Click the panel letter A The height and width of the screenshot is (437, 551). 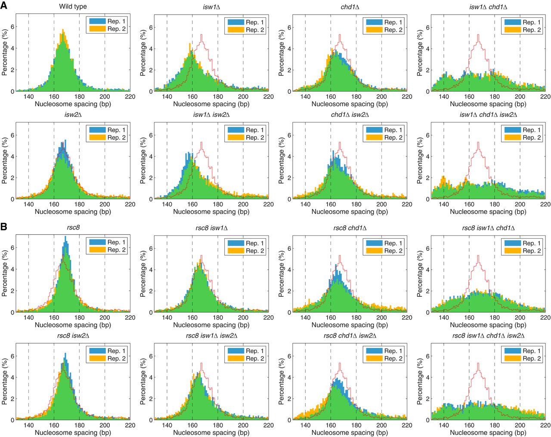(x=4, y=6)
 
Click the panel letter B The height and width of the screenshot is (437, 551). (x=4, y=227)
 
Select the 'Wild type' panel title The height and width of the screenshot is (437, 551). (x=73, y=7)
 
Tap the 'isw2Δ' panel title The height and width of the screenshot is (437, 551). (x=73, y=115)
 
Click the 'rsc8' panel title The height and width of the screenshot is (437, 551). (x=73, y=228)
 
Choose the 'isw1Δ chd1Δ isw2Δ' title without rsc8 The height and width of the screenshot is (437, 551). (x=488, y=115)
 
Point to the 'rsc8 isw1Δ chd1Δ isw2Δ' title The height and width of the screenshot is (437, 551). (x=488, y=336)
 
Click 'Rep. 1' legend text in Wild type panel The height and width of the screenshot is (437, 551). (x=116, y=21)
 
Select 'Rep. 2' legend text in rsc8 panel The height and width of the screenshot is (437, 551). (x=116, y=250)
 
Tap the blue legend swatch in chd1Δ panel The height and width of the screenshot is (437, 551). (x=374, y=22)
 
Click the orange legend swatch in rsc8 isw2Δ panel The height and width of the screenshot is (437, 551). (x=97, y=358)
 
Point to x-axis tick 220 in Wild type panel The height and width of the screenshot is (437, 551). (x=130, y=97)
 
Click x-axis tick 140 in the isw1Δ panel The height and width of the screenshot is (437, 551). (x=167, y=97)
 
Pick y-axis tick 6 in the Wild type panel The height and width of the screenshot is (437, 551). (x=12, y=27)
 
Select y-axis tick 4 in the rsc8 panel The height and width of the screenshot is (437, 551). (x=12, y=269)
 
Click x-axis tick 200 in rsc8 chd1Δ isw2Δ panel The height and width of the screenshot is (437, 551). (x=381, y=425)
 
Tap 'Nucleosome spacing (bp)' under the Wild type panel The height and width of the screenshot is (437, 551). (x=73, y=104)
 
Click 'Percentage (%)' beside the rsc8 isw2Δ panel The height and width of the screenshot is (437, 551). (x=5, y=382)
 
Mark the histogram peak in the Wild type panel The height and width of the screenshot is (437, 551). (x=63, y=30)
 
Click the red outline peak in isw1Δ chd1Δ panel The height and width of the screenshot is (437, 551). (x=478, y=35)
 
